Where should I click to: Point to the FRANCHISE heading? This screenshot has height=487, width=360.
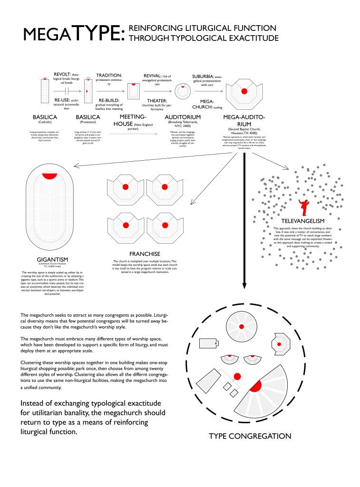145,254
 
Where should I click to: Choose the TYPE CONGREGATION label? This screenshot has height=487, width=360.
250,436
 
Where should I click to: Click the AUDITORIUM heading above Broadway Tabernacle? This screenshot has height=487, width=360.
183,117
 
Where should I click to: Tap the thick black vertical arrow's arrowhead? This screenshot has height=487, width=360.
244,285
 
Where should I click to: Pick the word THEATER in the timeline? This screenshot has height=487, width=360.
156,101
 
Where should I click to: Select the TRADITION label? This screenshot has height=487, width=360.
109,75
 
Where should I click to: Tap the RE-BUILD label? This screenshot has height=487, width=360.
108,101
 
